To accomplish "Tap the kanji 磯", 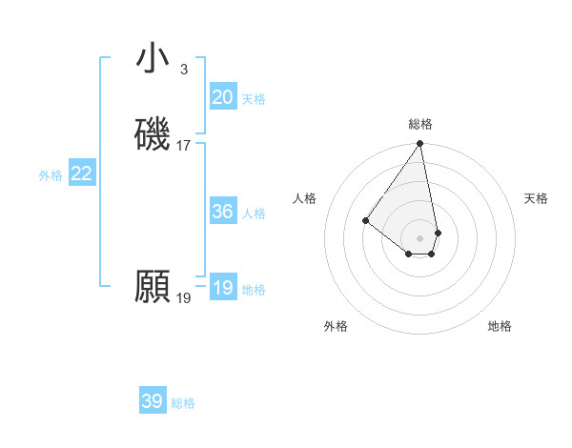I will [x=153, y=134].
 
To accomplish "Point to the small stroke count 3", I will [x=183, y=69].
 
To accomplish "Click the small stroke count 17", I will [x=184, y=146].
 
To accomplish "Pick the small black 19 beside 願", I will [x=184, y=298].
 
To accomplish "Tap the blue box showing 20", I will [x=223, y=97].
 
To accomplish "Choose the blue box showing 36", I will [x=223, y=212].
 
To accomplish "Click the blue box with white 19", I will [x=223, y=288].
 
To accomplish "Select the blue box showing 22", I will [x=82, y=173].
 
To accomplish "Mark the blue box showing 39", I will [x=153, y=401].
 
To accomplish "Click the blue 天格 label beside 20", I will [x=254, y=99].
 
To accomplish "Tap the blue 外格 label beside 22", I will [x=51, y=175].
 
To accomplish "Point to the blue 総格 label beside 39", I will [x=183, y=403].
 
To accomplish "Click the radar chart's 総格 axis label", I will [x=420, y=124].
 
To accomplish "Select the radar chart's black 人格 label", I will [x=305, y=198].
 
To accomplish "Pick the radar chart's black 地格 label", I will [x=500, y=326].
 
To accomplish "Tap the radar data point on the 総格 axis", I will [x=420, y=145].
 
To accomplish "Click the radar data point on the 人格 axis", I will [x=365, y=221].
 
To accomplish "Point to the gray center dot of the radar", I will [x=420, y=237].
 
